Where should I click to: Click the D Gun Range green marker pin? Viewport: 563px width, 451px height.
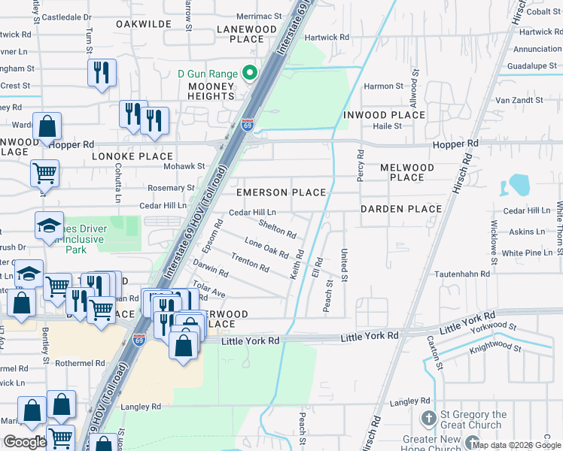pyautogui.click(x=251, y=74)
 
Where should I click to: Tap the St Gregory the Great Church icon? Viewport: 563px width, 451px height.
pyautogui.click(x=428, y=419)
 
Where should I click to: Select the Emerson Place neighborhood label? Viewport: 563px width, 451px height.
pyautogui.click(x=281, y=192)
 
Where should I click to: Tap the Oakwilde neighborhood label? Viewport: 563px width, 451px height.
pyautogui.click(x=145, y=24)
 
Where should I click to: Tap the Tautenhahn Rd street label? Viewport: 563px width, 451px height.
pyautogui.click(x=462, y=274)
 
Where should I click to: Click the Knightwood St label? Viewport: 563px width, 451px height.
pyautogui.click(x=495, y=348)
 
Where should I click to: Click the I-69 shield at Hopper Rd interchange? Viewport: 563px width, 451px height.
pyautogui.click(x=247, y=125)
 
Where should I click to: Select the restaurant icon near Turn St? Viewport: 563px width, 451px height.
pyautogui.click(x=101, y=73)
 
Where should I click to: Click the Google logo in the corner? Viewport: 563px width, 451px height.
pyautogui.click(x=25, y=442)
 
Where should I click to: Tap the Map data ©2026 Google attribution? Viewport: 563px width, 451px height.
pyautogui.click(x=516, y=445)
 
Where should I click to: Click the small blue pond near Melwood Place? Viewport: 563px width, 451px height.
pyautogui.click(x=519, y=185)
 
